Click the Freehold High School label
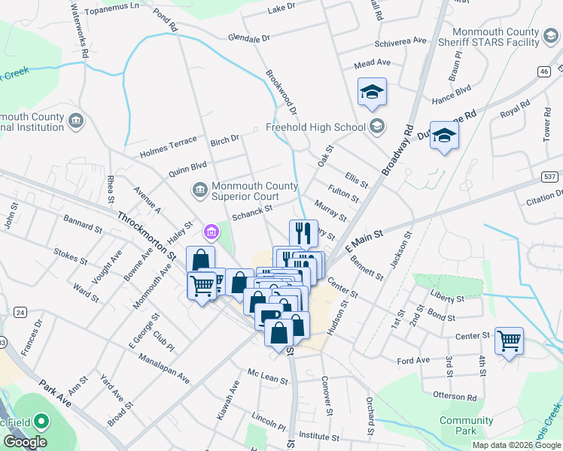click(315, 127)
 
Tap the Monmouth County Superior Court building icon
click(199, 189)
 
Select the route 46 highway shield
click(543, 71)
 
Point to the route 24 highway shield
click(19, 312)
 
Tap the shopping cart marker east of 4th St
click(509, 341)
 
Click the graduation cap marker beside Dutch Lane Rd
click(444, 136)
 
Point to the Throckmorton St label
click(146, 236)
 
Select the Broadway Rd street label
click(399, 150)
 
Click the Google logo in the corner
click(24, 442)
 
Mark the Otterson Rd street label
click(455, 396)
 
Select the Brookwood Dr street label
click(281, 93)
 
